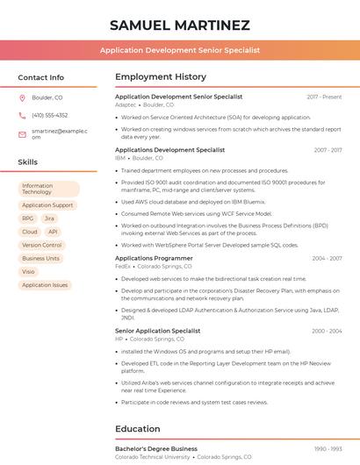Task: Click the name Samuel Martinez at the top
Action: click(180, 25)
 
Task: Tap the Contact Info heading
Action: click(41, 77)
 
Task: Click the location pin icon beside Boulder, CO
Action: click(22, 98)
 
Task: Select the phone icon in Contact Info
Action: click(22, 115)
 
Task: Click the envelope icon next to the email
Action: click(22, 134)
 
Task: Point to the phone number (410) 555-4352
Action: click(49, 115)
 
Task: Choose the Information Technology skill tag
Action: click(48, 189)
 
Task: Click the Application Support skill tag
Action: click(47, 205)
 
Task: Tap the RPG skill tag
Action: click(28, 218)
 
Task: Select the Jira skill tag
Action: click(49, 218)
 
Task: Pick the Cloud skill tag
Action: click(30, 232)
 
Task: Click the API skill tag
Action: click(53, 232)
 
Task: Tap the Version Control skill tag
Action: click(42, 245)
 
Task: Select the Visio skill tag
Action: click(29, 271)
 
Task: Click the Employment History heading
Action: click(161, 77)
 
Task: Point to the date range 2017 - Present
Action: click(324, 97)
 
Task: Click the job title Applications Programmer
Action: click(154, 258)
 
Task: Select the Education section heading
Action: click(138, 429)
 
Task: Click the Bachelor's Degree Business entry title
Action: click(156, 448)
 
